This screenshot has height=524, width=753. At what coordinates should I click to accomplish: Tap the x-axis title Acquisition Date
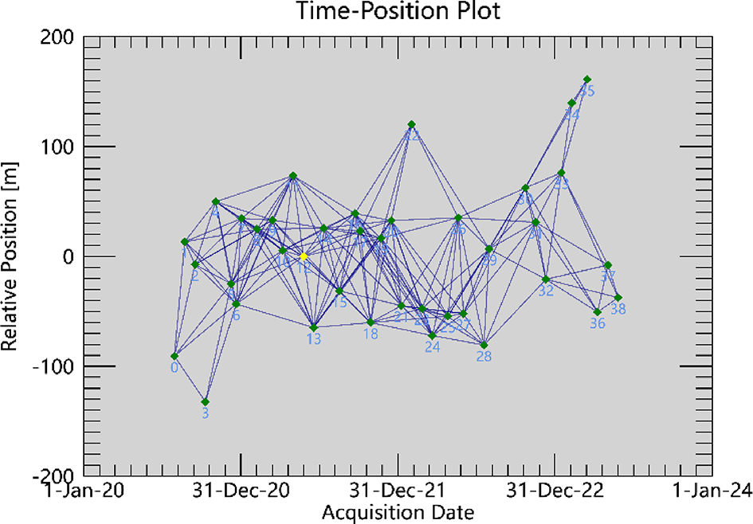[x=398, y=511]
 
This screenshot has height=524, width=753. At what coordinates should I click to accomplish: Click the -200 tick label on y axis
[x=55, y=475]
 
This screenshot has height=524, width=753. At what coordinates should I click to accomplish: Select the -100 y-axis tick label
[x=55, y=366]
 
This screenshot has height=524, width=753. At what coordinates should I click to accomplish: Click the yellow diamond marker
[x=304, y=256]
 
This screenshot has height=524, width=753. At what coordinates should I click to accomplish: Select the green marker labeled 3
[x=206, y=401]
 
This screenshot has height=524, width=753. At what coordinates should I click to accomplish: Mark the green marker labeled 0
[x=175, y=356]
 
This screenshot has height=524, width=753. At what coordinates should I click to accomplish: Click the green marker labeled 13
[x=313, y=327]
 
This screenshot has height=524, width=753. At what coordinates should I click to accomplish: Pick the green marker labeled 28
[x=484, y=345]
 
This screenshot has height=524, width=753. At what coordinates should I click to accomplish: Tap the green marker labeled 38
[x=618, y=297]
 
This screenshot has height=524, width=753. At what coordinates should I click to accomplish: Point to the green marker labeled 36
[x=598, y=311]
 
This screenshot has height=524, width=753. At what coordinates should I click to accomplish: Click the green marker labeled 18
[x=371, y=322]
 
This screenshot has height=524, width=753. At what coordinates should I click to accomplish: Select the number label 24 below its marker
[x=433, y=348]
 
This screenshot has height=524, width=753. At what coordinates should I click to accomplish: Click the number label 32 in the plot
[x=546, y=291]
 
